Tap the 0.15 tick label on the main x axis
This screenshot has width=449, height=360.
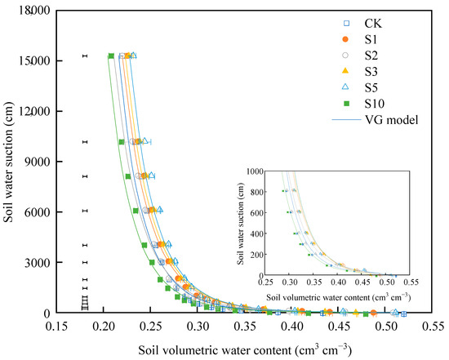pos(56,326)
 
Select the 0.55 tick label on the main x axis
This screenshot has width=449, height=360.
pos(433,326)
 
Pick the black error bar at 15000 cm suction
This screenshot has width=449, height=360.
pos(84,56)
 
